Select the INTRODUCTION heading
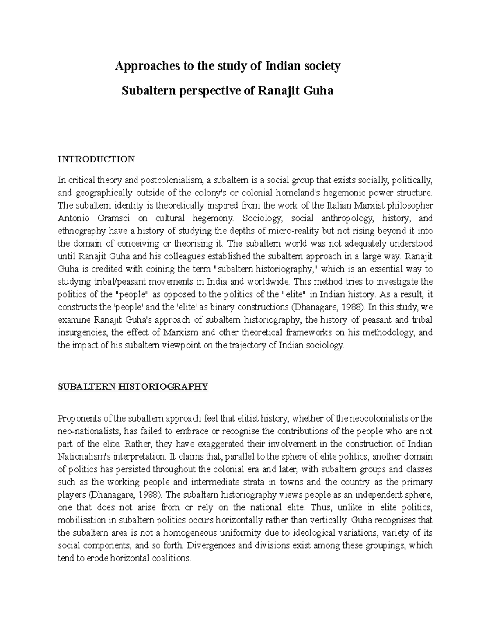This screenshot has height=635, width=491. pyautogui.click(x=96, y=159)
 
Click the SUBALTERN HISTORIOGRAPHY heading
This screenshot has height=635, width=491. pyautogui.click(x=133, y=386)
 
